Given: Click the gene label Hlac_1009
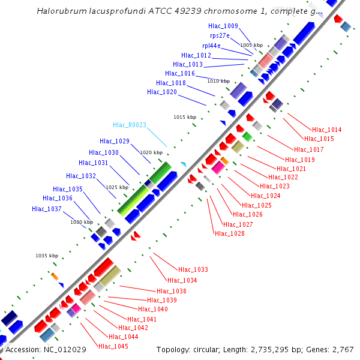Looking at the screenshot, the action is [x=223, y=26].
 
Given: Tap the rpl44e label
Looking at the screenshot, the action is [x=211, y=46].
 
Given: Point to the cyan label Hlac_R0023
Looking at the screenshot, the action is [x=130, y=125].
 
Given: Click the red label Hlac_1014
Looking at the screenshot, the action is [x=326, y=130].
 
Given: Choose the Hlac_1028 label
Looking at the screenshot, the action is [x=229, y=233].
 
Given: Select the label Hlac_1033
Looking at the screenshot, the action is [x=193, y=270].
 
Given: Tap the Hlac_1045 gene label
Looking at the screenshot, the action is [x=113, y=346].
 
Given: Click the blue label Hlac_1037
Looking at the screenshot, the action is [x=47, y=209].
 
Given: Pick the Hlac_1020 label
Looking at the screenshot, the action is [x=162, y=92].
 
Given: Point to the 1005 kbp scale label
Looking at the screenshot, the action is [x=251, y=45].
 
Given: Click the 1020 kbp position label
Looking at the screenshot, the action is [x=151, y=152].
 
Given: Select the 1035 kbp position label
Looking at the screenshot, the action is [x=47, y=256].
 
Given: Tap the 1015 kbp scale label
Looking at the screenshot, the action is [x=185, y=117].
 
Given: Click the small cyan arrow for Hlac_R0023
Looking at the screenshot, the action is [x=183, y=164].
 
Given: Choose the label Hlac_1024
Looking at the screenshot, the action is [x=265, y=196].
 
